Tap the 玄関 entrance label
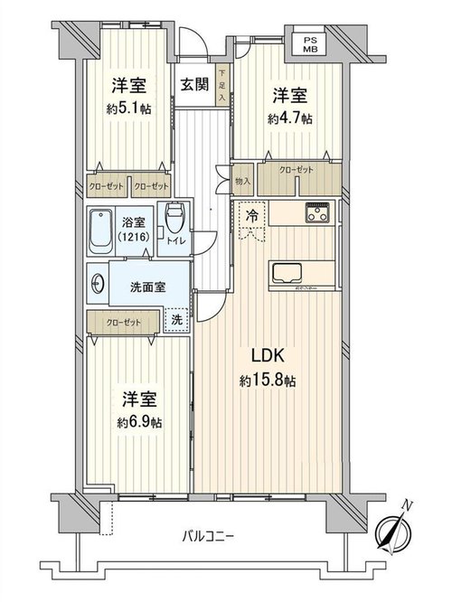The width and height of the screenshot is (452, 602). [194, 84]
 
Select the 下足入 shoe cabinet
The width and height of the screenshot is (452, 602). [222, 85]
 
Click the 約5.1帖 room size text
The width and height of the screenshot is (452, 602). [128, 109]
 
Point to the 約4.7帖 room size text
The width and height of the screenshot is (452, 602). [289, 118]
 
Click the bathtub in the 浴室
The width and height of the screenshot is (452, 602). [100, 231]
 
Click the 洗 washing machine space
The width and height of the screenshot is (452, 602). [176, 319]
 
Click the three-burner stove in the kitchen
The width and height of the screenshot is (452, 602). [317, 212]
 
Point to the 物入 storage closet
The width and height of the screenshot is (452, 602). [242, 180]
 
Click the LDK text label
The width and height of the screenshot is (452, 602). [268, 356]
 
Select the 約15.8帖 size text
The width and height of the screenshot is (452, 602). [268, 381]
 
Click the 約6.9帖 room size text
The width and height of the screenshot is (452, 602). [139, 423]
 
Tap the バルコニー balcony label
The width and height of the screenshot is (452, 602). [208, 535]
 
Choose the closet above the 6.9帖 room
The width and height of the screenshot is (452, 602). [123, 322]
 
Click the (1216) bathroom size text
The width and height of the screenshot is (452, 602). [134, 237]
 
